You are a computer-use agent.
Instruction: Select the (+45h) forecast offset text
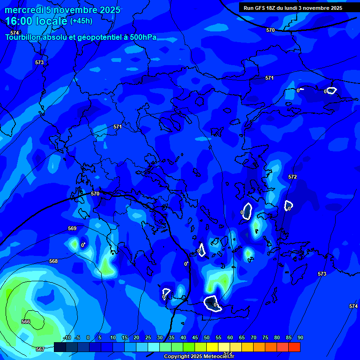click(81, 21)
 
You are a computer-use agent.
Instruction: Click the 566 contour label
click(26, 322)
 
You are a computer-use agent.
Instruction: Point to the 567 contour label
click(40, 349)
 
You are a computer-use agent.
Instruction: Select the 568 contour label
click(53, 261)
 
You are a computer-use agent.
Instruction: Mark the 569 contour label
click(72, 228)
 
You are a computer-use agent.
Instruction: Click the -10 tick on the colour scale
click(67, 337)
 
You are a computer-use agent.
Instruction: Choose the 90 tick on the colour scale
click(300, 337)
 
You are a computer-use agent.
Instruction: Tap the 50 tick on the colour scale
click(207, 337)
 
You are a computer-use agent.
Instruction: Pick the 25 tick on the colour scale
click(148, 337)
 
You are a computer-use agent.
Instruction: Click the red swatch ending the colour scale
click(294, 347)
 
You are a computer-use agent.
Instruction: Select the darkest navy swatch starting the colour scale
click(60, 347)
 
